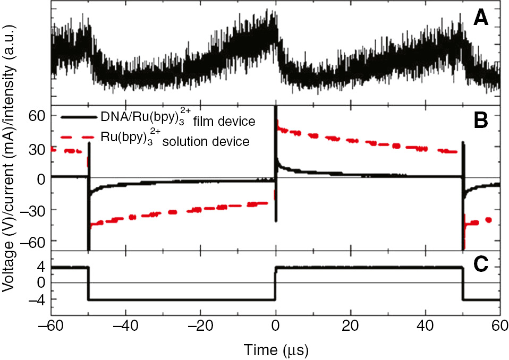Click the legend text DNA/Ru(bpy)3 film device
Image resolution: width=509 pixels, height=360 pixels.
[x=177, y=120]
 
